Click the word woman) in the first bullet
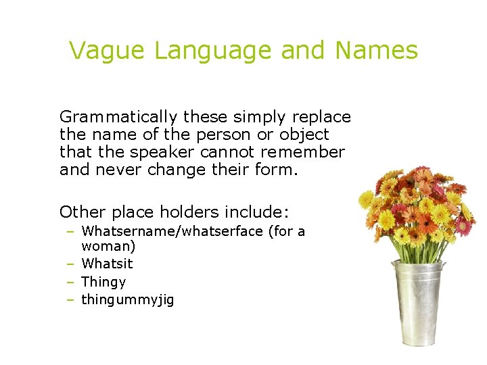click(108, 247)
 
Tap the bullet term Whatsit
click(107, 264)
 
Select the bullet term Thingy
click(103, 283)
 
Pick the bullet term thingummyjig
click(127, 300)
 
